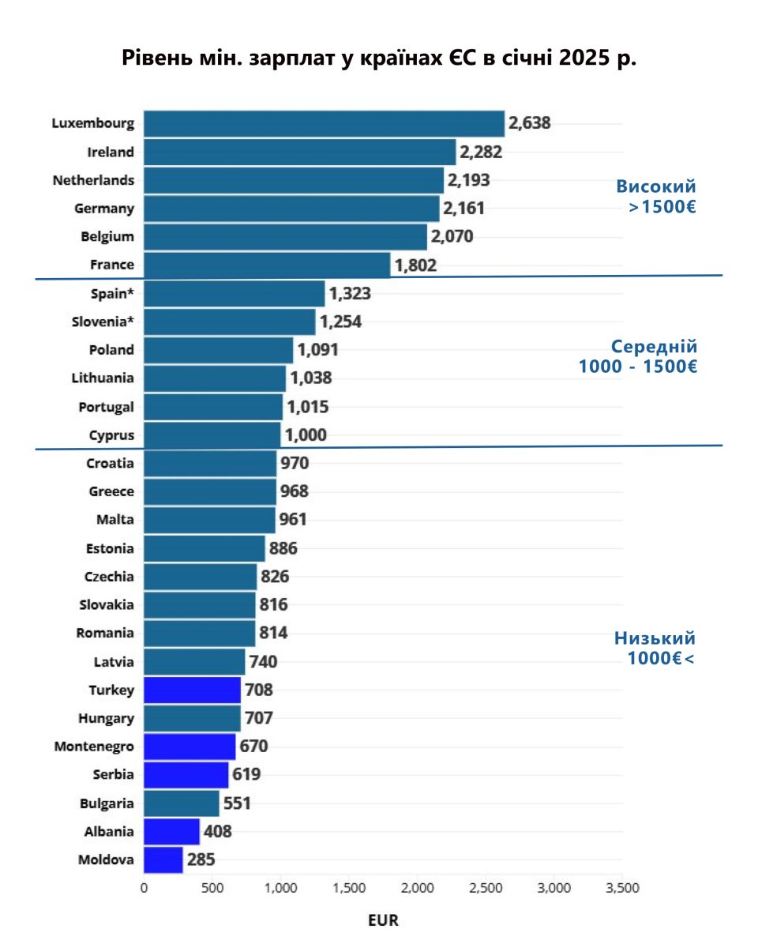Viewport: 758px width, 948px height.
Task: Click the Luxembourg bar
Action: [324, 124]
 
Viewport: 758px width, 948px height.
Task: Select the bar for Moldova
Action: [163, 860]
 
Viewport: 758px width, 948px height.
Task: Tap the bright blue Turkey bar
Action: [192, 690]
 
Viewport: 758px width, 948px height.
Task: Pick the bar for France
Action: [267, 265]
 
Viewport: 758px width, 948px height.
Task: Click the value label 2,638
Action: [529, 123]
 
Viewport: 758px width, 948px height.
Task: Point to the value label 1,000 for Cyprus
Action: [306, 435]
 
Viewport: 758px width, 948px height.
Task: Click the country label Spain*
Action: [113, 293]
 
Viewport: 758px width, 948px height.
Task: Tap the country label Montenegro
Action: [94, 746]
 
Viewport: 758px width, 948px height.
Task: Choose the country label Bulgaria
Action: [107, 803]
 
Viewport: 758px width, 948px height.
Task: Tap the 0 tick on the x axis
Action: [144, 888]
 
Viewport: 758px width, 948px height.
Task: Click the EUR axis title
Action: [384, 920]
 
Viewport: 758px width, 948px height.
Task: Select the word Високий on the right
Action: [656, 187]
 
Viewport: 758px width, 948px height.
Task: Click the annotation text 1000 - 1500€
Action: [638, 367]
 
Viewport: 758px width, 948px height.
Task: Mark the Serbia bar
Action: [186, 774]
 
